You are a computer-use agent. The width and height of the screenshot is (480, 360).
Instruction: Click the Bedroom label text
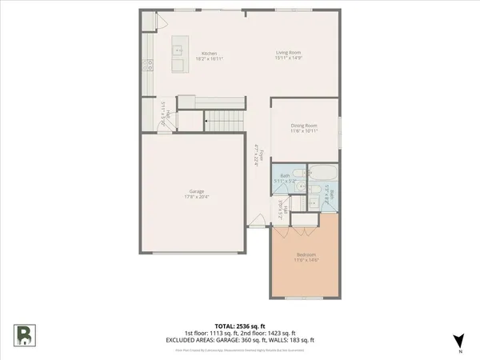tap(306, 254)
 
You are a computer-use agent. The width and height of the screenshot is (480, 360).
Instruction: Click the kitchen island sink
tap(178, 48)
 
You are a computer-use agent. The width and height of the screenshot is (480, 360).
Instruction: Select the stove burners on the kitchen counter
tap(147, 64)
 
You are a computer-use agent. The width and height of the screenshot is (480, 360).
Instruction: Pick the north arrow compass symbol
tap(458, 341)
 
